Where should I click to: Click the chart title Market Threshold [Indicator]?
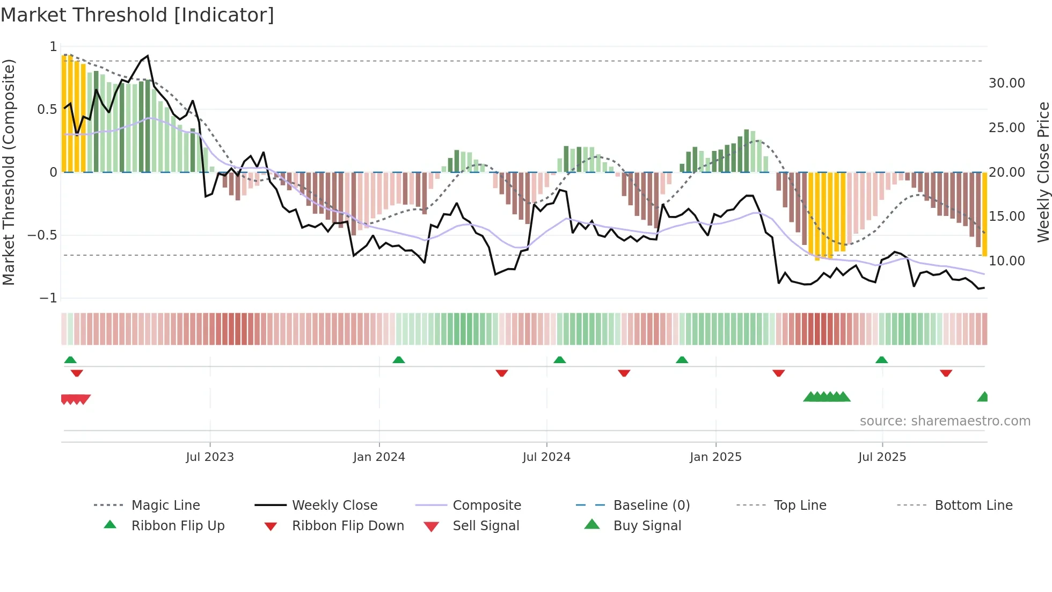point(137,15)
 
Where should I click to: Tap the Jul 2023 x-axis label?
point(209,457)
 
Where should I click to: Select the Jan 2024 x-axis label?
point(379,457)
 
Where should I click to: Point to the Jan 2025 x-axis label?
point(715,457)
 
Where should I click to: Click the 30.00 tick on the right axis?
point(1006,83)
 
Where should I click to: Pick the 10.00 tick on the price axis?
point(1006,261)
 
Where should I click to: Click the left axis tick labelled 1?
point(53,47)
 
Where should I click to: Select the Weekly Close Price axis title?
point(1043,172)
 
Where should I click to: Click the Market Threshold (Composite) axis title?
point(9,172)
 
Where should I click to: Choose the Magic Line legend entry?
point(165,506)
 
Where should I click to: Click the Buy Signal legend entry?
point(647,526)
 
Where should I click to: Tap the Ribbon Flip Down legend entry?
point(347,526)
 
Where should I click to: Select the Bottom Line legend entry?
point(973,506)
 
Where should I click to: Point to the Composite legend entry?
point(486,506)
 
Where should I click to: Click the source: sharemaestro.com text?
point(945,421)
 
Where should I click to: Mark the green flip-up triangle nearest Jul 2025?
point(881,360)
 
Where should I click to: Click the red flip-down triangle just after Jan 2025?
point(778,373)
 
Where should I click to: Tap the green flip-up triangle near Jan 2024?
point(398,360)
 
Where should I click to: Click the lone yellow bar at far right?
point(984,214)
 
